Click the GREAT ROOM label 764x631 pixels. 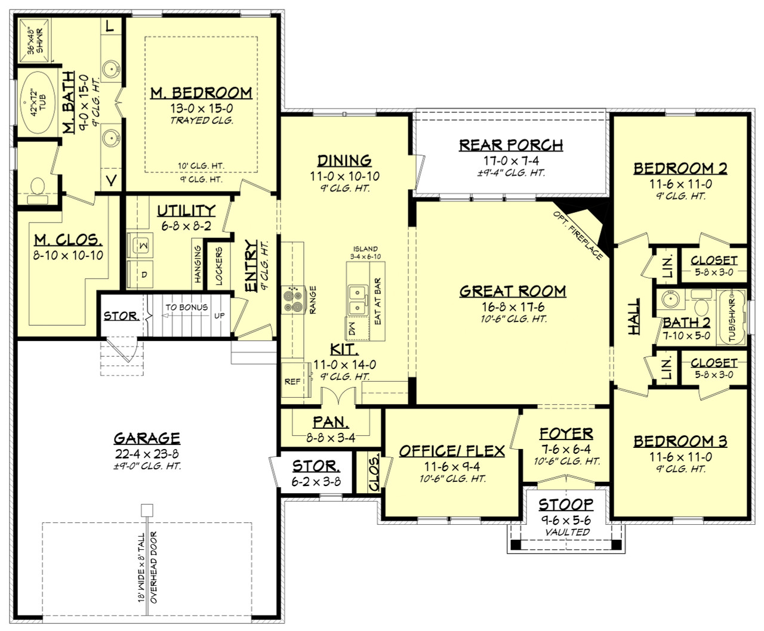click(512, 291)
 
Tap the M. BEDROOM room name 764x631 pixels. click(201, 92)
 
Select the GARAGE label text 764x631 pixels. click(147, 438)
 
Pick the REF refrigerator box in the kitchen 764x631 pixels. click(292, 381)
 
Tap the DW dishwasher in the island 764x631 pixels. click(352, 329)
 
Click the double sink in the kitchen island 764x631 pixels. click(358, 300)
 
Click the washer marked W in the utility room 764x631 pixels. click(141, 245)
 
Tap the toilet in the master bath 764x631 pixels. click(37, 187)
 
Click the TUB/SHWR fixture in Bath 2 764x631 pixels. click(731, 318)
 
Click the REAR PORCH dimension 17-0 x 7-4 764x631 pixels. click(511, 160)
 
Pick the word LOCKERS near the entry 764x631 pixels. click(218, 267)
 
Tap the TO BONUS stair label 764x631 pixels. click(186, 307)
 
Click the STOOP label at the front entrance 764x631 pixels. click(566, 505)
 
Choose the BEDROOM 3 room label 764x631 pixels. click(680, 441)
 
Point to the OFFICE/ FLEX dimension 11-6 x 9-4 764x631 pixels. click(451, 466)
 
